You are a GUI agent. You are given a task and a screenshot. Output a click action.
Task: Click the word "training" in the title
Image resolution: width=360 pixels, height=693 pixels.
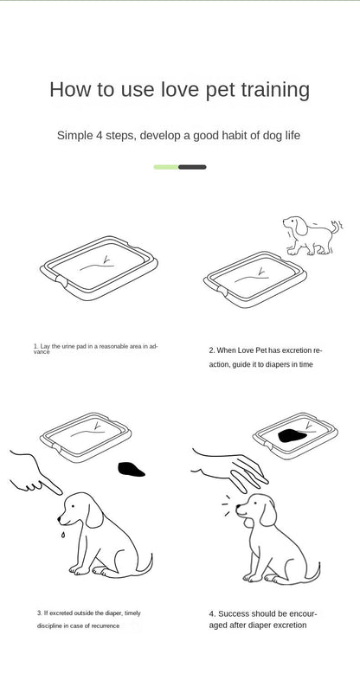(x=275, y=90)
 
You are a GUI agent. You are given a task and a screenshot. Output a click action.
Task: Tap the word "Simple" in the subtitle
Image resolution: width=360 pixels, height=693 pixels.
(x=74, y=136)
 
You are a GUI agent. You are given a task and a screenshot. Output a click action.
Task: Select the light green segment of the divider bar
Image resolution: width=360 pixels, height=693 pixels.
(x=166, y=167)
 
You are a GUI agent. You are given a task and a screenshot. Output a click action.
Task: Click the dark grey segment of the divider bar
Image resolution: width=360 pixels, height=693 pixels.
(x=192, y=167)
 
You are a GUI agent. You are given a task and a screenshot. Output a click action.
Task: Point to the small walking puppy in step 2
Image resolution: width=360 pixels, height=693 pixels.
(x=312, y=235)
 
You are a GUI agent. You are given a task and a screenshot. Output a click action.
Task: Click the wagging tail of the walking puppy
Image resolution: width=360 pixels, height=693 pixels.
(x=338, y=227)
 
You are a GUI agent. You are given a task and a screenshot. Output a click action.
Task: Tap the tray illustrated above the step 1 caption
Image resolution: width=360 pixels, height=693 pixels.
(x=99, y=268)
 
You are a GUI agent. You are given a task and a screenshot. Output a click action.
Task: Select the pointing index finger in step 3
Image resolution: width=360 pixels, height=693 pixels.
(x=51, y=485)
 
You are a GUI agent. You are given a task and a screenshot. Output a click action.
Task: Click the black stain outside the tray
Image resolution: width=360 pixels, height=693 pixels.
(x=131, y=470)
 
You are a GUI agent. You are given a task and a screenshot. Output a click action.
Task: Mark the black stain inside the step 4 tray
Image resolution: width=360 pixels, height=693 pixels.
(x=292, y=436)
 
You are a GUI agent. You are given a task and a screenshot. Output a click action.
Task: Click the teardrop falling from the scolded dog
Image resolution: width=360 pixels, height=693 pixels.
(x=63, y=535)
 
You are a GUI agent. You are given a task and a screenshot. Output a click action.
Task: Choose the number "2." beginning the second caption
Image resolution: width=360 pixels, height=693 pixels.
(x=212, y=350)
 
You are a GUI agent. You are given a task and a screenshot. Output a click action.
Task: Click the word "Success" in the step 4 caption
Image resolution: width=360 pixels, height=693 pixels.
(x=234, y=614)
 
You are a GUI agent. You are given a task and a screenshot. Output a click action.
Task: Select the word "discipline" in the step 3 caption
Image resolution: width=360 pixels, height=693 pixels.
(x=49, y=626)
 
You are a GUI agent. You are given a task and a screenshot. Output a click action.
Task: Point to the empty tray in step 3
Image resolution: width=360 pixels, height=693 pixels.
(x=86, y=437)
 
